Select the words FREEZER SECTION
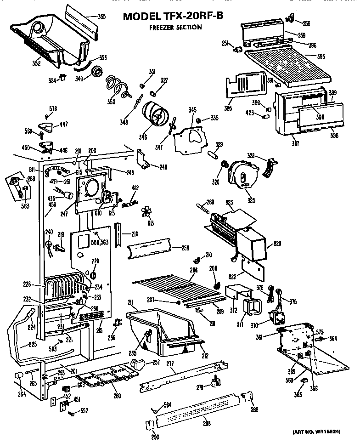click(x=175, y=28)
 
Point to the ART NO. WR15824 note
click(x=322, y=432)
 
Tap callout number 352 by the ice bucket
click(x=36, y=63)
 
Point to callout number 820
click(x=277, y=244)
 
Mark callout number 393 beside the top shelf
click(x=321, y=57)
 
